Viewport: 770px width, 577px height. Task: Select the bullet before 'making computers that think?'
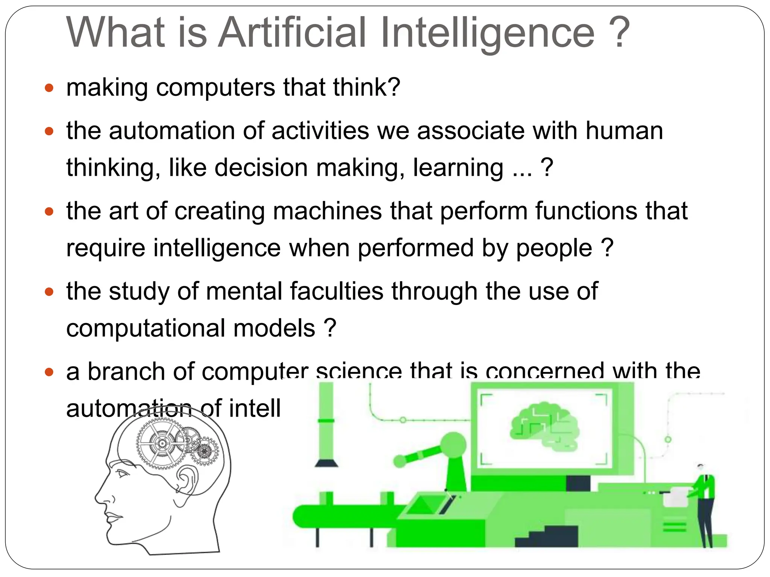point(49,88)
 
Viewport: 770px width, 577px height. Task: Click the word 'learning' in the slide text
point(458,168)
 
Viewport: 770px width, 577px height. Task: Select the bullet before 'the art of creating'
point(49,211)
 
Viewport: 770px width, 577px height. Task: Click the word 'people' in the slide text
point(554,248)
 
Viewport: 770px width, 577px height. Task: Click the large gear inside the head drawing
point(162,444)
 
